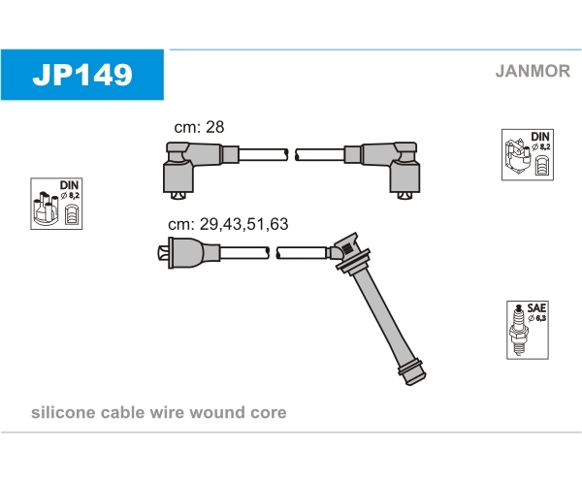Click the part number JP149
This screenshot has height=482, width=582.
82,75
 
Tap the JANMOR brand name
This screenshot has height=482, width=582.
533,71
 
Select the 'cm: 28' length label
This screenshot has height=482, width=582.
199,127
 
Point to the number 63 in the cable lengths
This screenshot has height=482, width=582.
279,224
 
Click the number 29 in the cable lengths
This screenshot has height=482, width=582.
209,224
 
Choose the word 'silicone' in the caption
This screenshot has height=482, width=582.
63,412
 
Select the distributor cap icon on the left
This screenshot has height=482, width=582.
46,209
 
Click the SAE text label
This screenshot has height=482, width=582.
536,308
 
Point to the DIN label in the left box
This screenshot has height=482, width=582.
69,185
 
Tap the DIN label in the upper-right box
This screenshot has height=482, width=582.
540,136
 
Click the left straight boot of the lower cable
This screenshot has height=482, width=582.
188,253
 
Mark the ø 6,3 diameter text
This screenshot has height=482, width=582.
536,318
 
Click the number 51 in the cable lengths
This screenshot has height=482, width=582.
255,224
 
